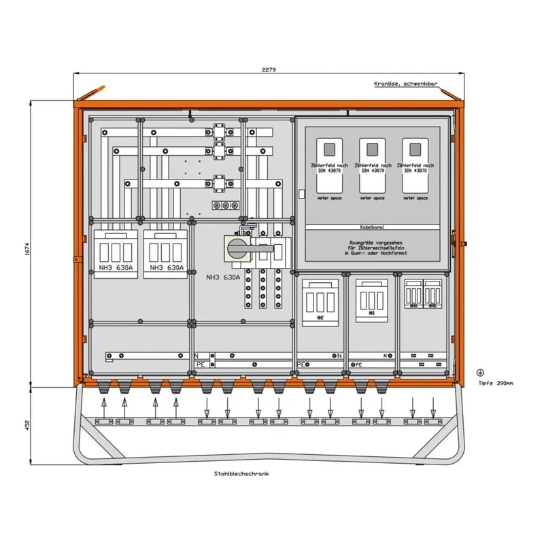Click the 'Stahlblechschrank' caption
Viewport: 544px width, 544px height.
click(x=242, y=474)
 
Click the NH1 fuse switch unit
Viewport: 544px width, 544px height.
click(x=369, y=299)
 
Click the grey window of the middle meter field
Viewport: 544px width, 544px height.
click(x=370, y=148)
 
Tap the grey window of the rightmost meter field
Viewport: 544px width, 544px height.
click(x=411, y=148)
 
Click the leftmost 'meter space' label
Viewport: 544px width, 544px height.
click(x=329, y=198)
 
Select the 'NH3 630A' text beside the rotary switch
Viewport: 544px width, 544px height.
click(x=223, y=277)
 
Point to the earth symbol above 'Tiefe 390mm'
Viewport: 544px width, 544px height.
click(x=480, y=372)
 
